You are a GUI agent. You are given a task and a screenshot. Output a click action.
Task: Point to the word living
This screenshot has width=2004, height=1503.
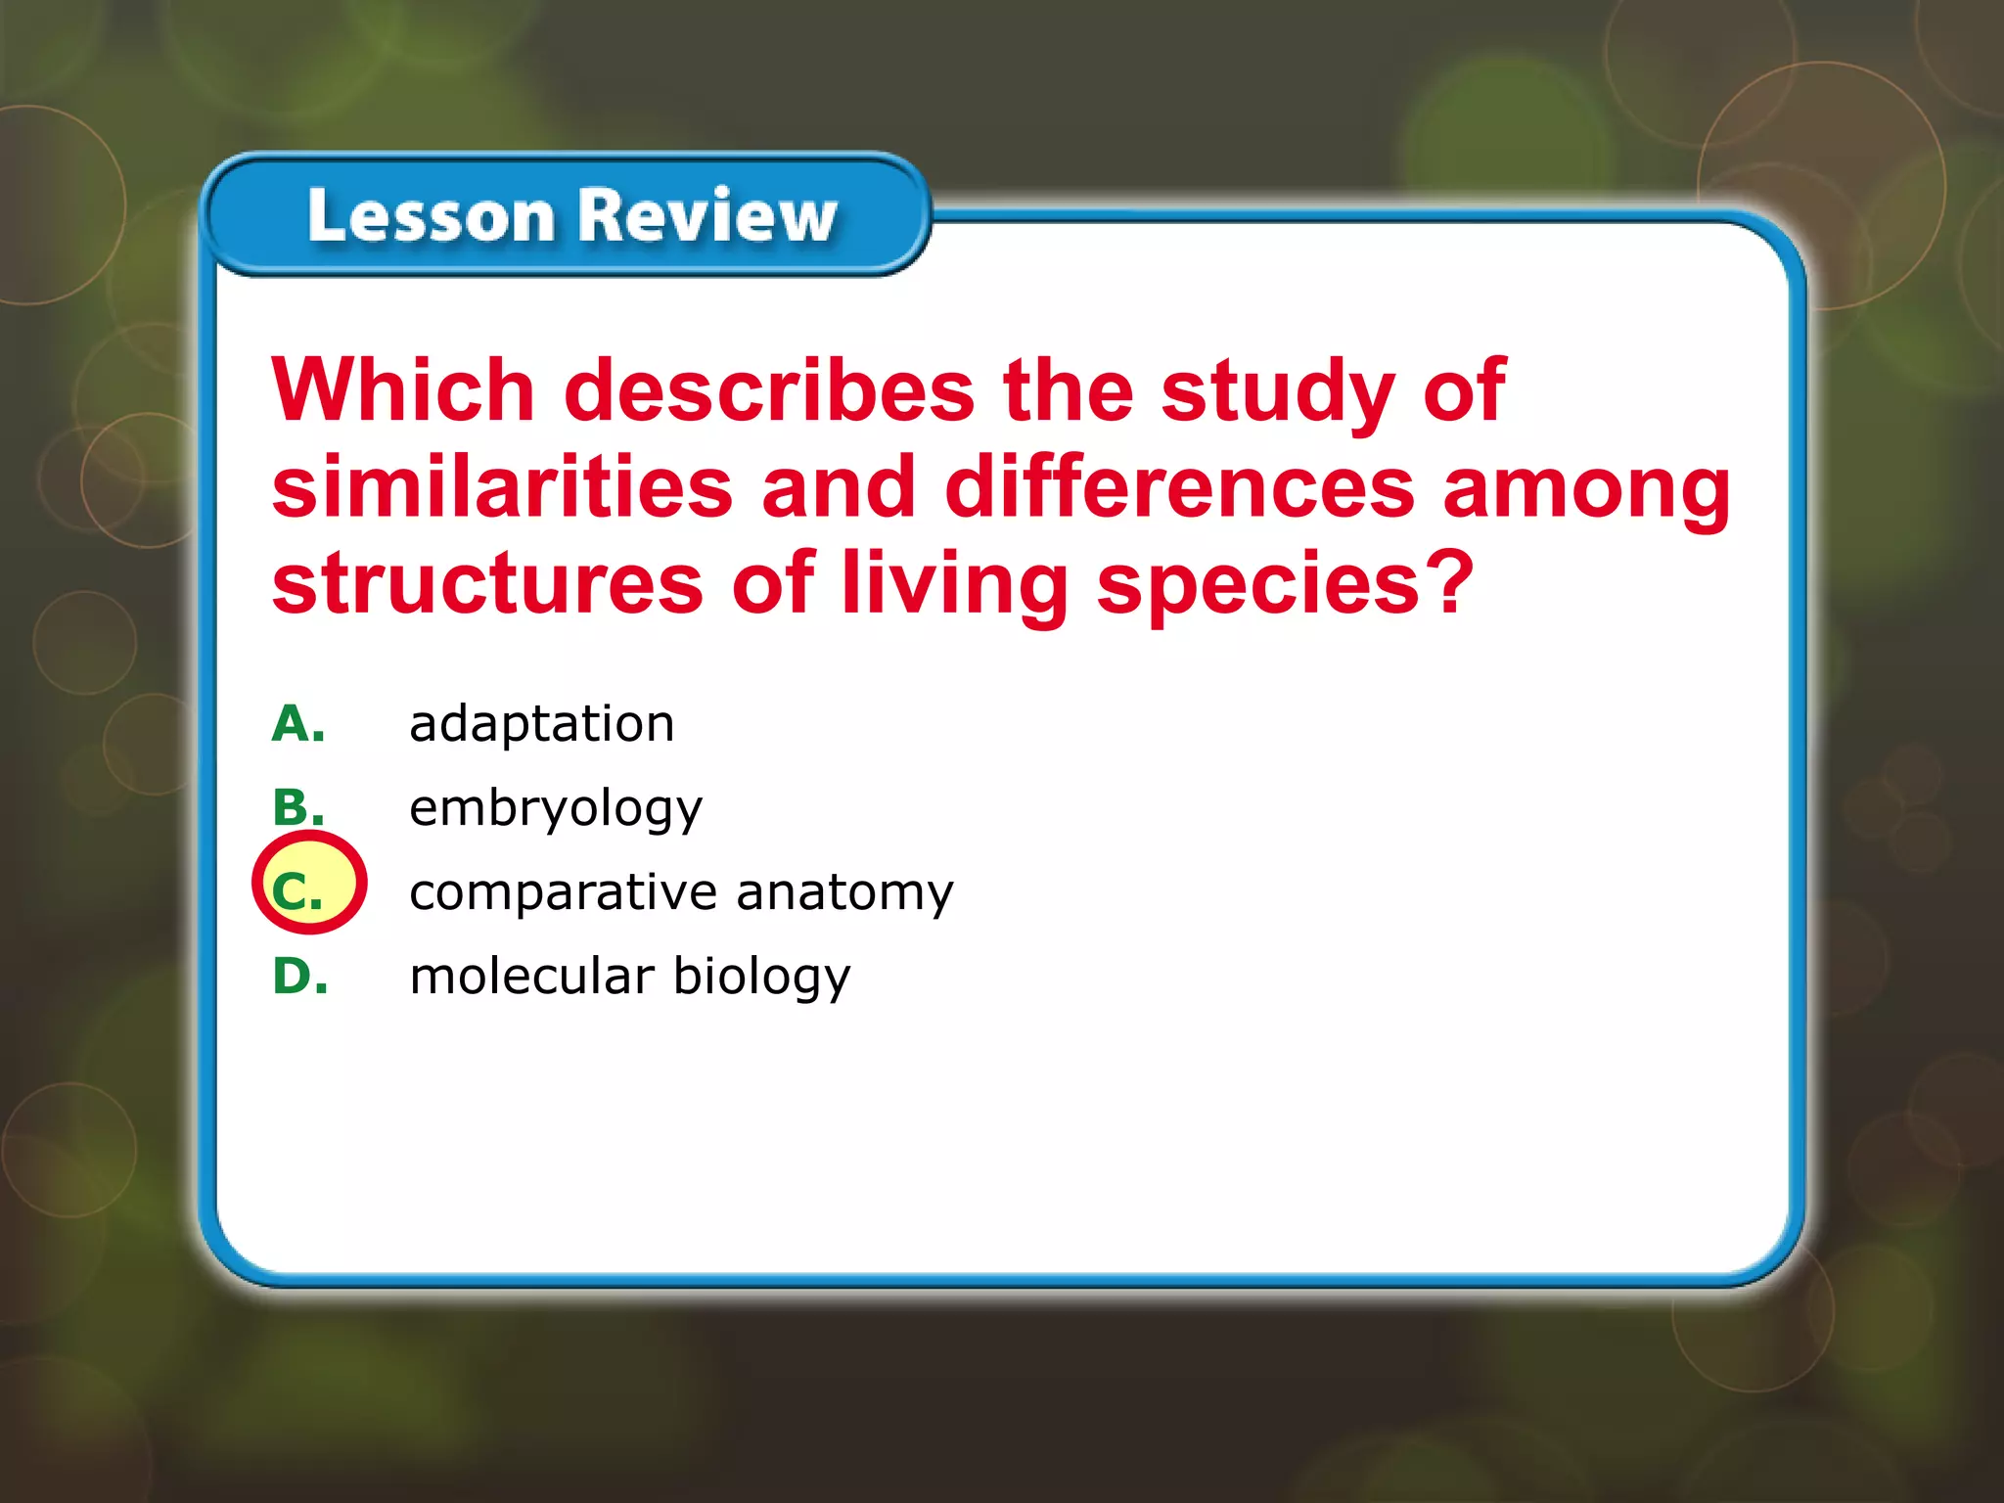coord(954,585)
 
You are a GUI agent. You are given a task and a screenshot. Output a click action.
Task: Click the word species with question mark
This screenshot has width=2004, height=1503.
coord(1284,585)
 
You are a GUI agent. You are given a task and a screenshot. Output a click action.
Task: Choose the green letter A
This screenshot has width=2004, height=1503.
coord(297,724)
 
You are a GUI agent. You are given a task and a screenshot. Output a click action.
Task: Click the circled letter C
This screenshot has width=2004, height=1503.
coord(297,891)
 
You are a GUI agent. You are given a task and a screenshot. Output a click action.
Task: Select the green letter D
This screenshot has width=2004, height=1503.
coord(299,976)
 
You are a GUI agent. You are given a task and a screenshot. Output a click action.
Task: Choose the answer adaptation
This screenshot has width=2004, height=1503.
coord(541,725)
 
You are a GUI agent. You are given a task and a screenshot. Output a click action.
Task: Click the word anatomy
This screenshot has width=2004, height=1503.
coord(843,893)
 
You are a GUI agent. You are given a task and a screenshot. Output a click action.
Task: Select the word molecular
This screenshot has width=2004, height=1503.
coord(531,977)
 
